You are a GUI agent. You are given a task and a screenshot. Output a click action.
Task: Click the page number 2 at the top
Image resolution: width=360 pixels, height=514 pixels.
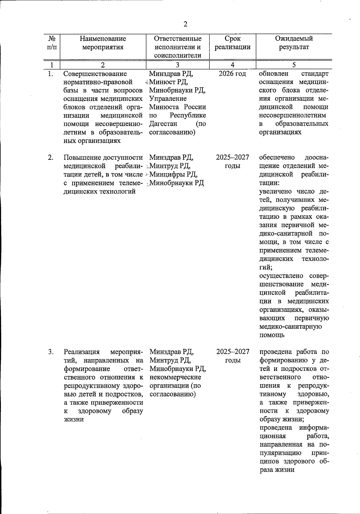click(x=185, y=24)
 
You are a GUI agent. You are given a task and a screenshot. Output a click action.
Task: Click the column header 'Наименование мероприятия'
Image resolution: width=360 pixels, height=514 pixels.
click(x=103, y=43)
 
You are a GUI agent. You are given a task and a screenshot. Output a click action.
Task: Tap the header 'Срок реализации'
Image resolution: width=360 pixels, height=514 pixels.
click(x=232, y=43)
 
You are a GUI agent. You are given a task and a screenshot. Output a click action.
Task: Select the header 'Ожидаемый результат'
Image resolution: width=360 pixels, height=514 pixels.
click(x=294, y=43)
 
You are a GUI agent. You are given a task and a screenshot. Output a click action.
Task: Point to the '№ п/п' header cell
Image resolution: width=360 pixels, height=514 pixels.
click(x=52, y=43)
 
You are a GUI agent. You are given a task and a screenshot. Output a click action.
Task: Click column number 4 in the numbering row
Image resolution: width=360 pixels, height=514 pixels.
click(x=232, y=65)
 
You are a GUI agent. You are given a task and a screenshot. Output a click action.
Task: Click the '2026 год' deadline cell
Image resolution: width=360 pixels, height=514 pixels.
click(x=232, y=74)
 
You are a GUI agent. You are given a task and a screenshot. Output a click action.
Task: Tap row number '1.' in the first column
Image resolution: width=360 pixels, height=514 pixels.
click(x=51, y=74)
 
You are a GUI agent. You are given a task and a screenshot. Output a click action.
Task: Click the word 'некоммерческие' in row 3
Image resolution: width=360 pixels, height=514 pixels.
click(x=175, y=377)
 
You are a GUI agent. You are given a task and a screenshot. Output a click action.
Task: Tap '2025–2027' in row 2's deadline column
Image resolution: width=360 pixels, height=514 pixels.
click(x=232, y=158)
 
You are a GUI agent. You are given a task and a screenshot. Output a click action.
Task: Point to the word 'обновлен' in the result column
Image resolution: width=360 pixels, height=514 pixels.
click(x=273, y=74)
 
